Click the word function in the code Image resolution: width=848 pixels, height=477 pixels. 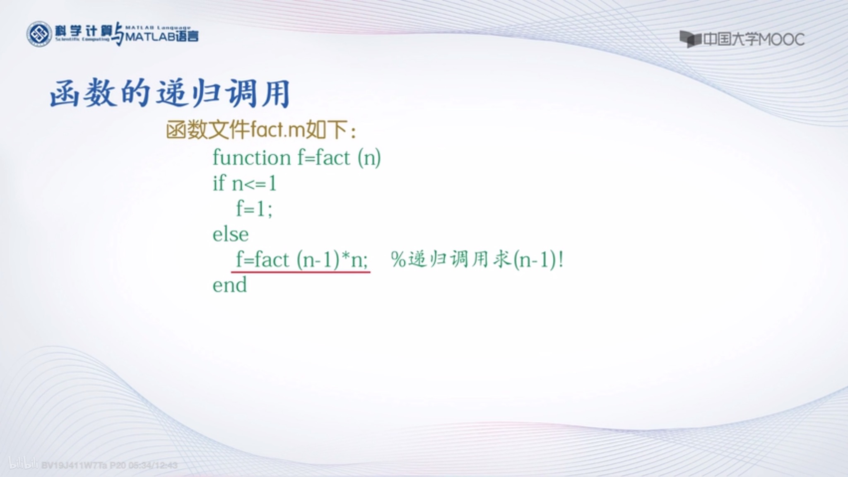(x=252, y=158)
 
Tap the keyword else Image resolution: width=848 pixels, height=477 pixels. (x=231, y=235)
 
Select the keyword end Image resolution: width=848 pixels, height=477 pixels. (x=230, y=285)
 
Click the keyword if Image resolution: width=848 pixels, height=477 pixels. (x=219, y=183)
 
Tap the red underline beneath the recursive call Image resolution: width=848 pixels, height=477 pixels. (x=301, y=272)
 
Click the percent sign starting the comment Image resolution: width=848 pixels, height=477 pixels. (x=398, y=260)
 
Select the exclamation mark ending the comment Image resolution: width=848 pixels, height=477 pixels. (x=561, y=260)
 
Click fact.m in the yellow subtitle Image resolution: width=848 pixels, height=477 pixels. (x=278, y=130)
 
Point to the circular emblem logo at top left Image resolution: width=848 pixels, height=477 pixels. (x=39, y=34)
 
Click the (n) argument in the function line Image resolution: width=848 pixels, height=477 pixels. (x=369, y=158)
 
